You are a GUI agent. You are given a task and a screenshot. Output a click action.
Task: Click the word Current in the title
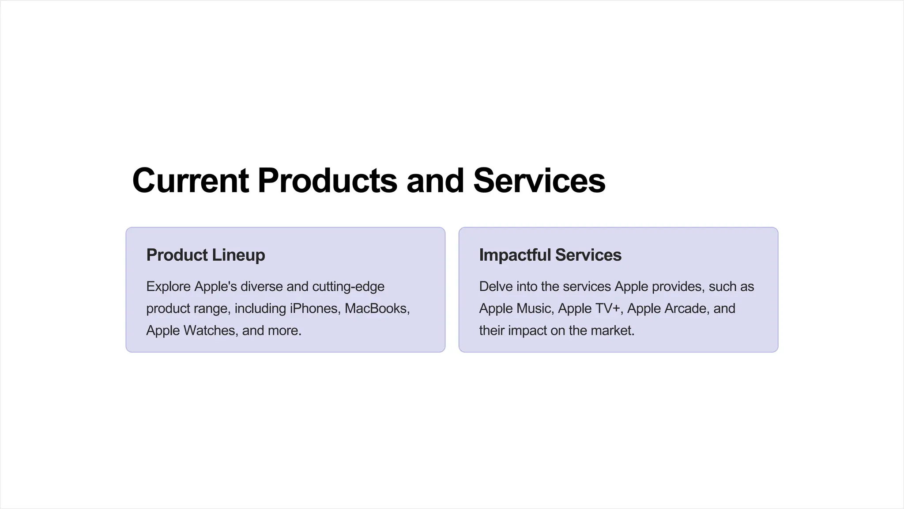tap(190, 181)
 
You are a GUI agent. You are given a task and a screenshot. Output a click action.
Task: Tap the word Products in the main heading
tap(327, 181)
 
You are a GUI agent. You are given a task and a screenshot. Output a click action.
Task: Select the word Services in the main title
tap(539, 181)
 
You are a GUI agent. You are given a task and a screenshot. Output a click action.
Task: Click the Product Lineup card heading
tap(206, 255)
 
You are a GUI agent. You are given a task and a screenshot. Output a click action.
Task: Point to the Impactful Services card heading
tap(550, 255)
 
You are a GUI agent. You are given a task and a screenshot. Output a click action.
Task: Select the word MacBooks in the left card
tap(377, 308)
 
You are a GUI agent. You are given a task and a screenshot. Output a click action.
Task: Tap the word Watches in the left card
tap(209, 330)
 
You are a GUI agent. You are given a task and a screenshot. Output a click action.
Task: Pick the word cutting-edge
tap(348, 286)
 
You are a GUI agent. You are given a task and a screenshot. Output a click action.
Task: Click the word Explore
tap(169, 286)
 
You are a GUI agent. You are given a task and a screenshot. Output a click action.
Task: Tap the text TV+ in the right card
tap(606, 308)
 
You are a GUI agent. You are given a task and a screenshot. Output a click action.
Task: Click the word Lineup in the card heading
tap(238, 255)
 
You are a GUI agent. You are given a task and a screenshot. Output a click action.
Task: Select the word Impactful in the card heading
tap(515, 255)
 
